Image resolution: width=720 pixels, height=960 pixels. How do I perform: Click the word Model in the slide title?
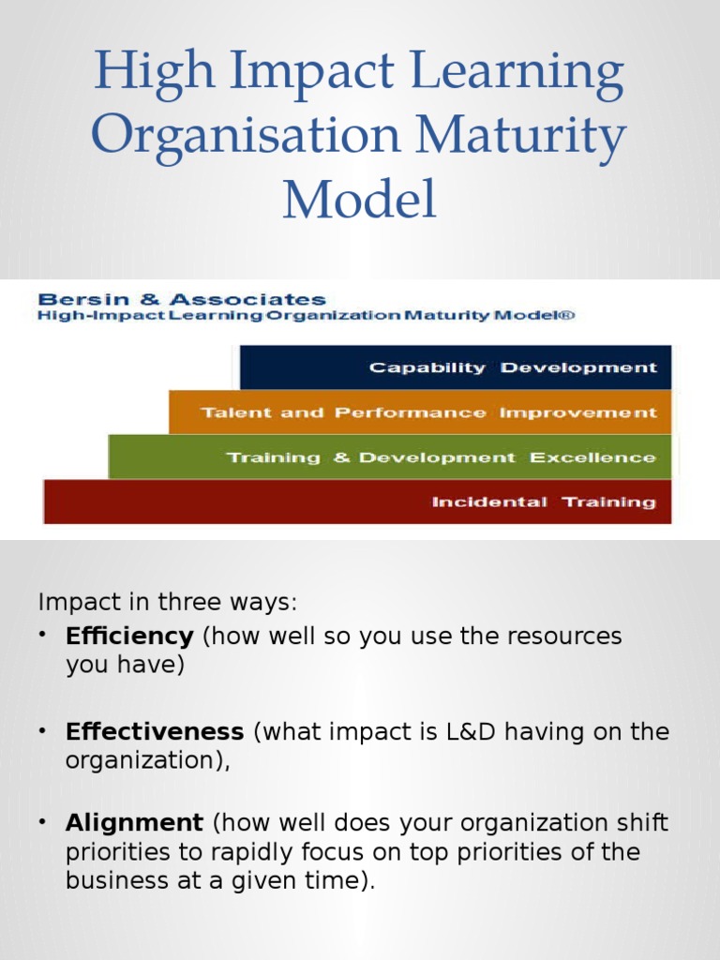359,199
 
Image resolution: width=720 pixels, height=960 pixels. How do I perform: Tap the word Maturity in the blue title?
520,135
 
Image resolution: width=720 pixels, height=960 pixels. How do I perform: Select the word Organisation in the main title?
246,135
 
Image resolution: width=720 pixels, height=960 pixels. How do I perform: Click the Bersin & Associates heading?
182,299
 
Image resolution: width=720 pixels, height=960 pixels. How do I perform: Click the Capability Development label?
513,367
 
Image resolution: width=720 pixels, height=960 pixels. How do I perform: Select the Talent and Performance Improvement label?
428,412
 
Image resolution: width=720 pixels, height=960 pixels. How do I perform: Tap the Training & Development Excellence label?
441,457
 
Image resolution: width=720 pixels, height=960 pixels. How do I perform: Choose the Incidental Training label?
544,502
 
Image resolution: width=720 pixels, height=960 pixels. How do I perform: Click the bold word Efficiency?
129,637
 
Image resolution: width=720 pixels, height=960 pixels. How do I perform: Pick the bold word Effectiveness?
155,731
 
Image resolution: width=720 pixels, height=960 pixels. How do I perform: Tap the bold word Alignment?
134,823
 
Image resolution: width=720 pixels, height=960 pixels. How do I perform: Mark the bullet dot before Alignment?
42,821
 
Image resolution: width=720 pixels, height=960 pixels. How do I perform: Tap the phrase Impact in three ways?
168,603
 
